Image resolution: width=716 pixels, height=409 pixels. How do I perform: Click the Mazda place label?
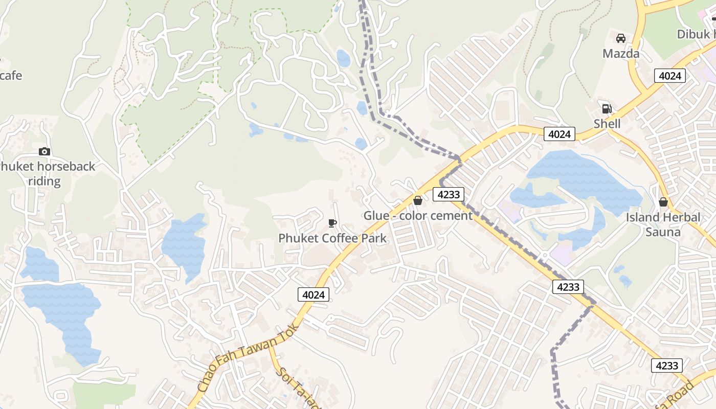click(621, 54)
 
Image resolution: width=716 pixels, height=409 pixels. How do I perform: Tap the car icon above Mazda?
click(621, 38)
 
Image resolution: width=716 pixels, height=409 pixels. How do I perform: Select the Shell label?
click(607, 124)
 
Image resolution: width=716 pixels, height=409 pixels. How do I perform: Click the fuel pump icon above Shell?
click(607, 108)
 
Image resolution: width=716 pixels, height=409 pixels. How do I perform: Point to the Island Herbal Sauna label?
click(663, 224)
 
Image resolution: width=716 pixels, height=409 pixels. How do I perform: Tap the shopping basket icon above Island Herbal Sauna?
click(663, 202)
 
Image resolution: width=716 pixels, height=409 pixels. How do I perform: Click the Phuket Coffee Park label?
click(332, 238)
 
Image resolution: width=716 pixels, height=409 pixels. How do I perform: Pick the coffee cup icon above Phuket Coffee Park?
click(332, 223)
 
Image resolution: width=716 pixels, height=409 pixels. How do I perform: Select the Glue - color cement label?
click(418, 216)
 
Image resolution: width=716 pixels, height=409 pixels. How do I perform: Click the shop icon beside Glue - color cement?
click(418, 200)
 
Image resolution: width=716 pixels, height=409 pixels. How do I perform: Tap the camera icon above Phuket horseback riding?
click(44, 151)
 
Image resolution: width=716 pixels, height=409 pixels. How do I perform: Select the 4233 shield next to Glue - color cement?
click(449, 194)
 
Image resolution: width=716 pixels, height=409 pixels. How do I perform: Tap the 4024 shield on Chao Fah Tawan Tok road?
click(313, 294)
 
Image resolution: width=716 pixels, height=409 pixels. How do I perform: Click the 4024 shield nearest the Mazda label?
click(669, 76)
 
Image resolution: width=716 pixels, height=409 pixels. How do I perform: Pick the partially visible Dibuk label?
click(696, 34)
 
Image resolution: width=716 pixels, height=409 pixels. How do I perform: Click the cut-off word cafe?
click(11, 76)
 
